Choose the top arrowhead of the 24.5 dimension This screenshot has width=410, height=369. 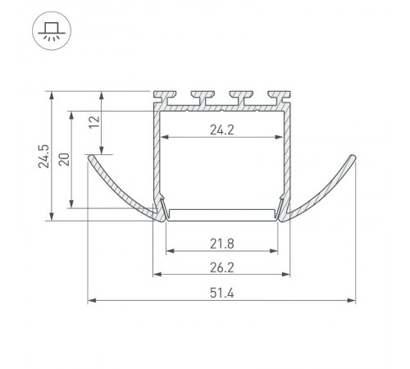(52, 95)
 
